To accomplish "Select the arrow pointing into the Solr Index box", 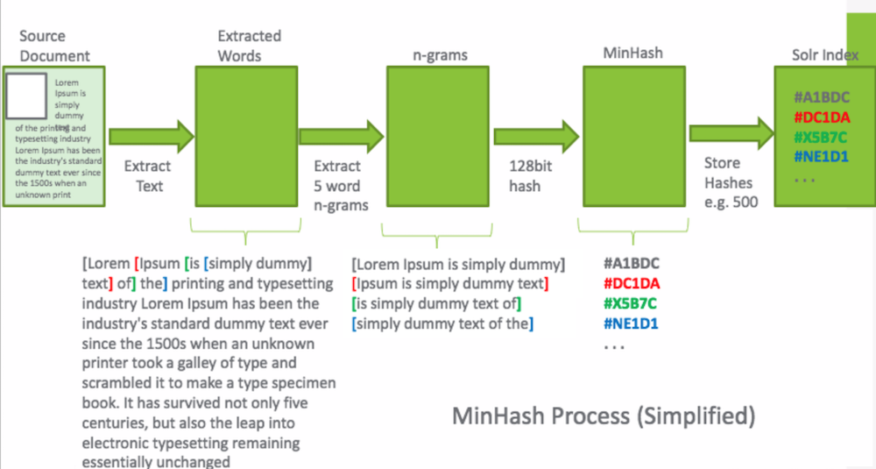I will pos(731,132).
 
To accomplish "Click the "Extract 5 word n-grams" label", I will pos(338,185).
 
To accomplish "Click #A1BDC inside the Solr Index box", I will pos(822,97).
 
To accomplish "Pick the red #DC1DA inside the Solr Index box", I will pos(822,117).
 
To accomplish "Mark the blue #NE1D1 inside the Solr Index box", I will pos(822,157).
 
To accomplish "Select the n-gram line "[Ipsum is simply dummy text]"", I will pos(449,283).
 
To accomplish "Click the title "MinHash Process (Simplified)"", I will pos(603,415).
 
